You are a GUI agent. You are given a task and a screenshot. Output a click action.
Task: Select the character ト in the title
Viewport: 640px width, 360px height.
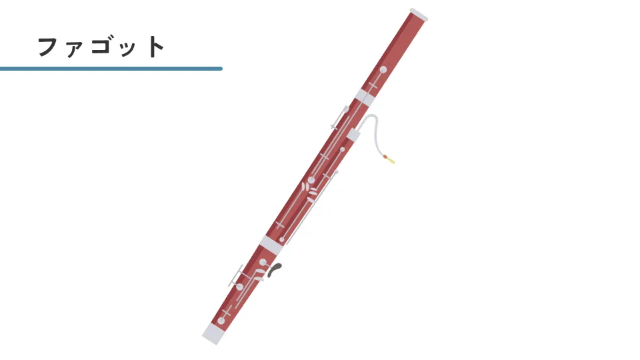pyautogui.click(x=155, y=46)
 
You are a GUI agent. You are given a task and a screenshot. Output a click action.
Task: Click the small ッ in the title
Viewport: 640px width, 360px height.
pyautogui.click(x=129, y=49)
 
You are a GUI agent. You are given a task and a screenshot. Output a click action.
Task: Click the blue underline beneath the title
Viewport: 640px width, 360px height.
pyautogui.click(x=111, y=69)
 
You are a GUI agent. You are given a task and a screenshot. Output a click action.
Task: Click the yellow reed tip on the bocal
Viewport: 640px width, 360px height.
pyautogui.click(x=391, y=160)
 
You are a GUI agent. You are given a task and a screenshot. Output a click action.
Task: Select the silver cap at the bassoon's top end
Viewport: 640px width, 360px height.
pyautogui.click(x=419, y=14)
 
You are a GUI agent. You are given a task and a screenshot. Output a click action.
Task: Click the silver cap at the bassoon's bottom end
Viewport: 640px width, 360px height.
pyautogui.click(x=213, y=333)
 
